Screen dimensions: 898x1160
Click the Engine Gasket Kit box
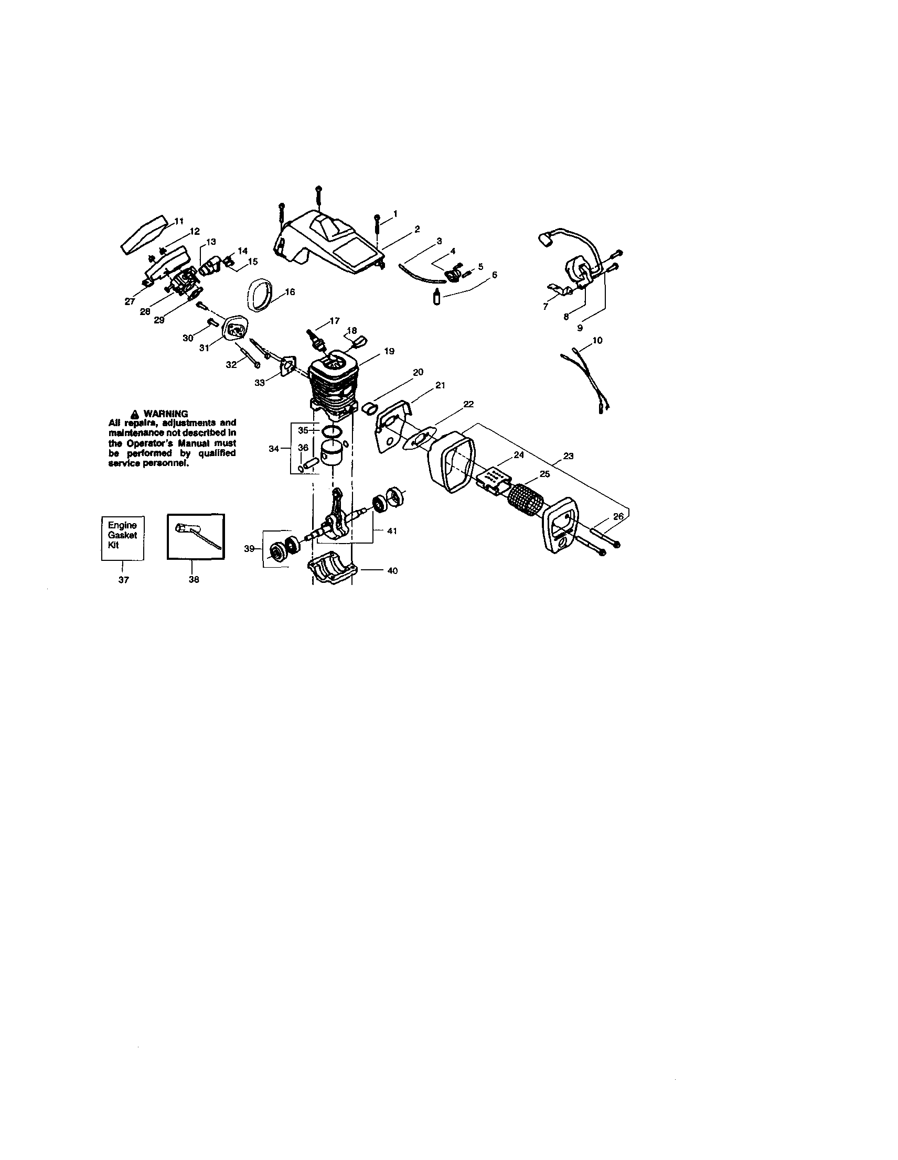pos(123,538)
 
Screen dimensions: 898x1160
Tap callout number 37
pos(123,580)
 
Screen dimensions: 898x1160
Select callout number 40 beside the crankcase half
pos(392,571)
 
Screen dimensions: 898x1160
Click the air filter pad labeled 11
pos(144,234)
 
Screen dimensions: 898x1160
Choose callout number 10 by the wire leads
pos(597,341)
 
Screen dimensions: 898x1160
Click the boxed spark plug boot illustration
pos(196,536)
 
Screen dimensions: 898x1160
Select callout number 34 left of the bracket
pos(273,449)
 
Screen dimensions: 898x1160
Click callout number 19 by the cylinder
pos(389,351)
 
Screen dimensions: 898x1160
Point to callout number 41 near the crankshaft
pos(392,530)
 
